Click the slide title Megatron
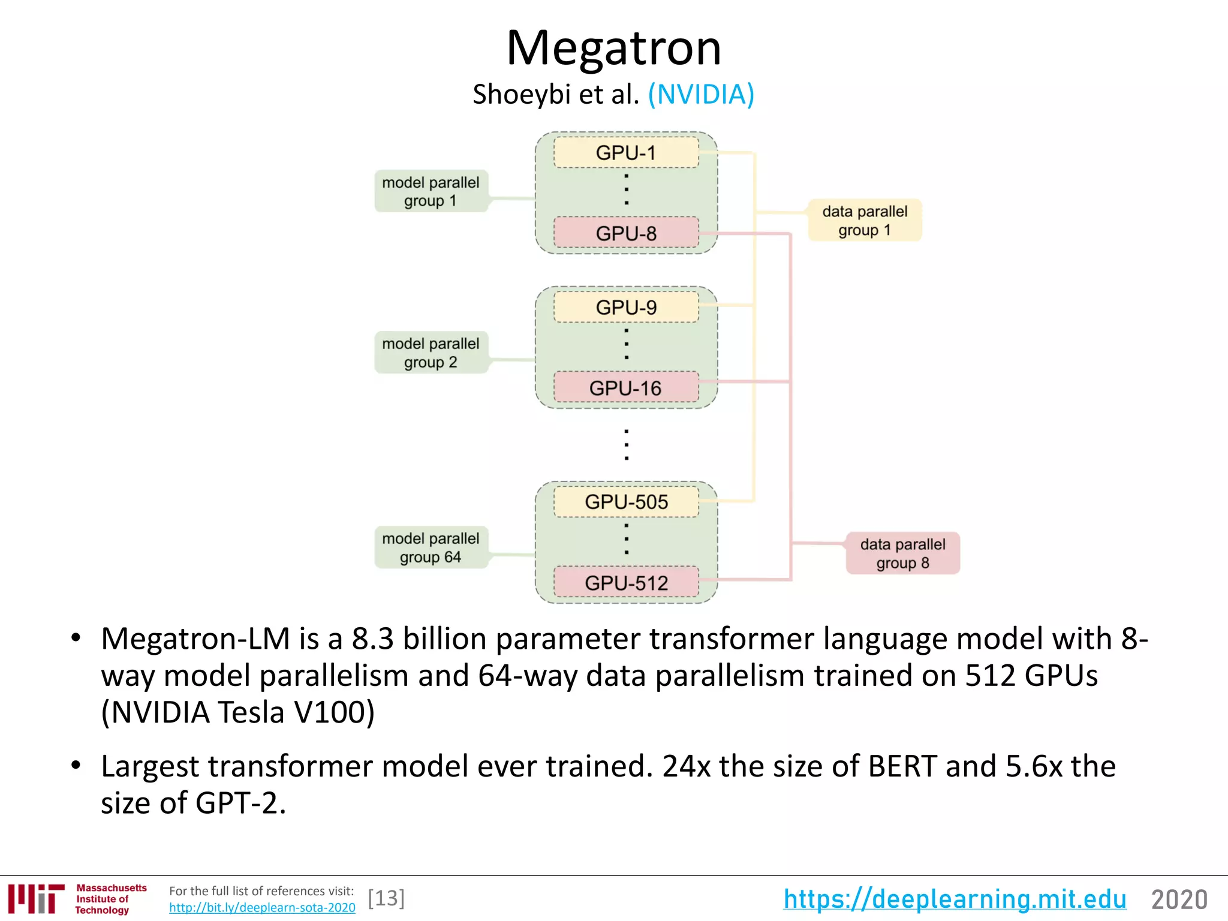[x=613, y=48]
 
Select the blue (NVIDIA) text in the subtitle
[x=700, y=94]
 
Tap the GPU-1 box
[x=626, y=153]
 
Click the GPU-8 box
[x=626, y=233]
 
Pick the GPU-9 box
[x=626, y=307]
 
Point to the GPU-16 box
[x=626, y=387]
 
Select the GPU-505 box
[x=626, y=502]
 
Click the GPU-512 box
[x=626, y=582]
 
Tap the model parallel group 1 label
[x=431, y=191]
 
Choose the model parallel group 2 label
[x=431, y=353]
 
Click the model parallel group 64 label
[x=431, y=547]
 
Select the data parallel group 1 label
[x=864, y=220]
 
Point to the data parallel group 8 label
[x=902, y=553]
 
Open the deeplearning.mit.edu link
[x=955, y=899]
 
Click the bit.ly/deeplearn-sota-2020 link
[x=262, y=908]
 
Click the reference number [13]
[x=386, y=898]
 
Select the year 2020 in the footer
[x=1179, y=899]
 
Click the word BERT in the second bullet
[x=902, y=766]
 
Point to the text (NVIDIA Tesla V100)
[x=238, y=712]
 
